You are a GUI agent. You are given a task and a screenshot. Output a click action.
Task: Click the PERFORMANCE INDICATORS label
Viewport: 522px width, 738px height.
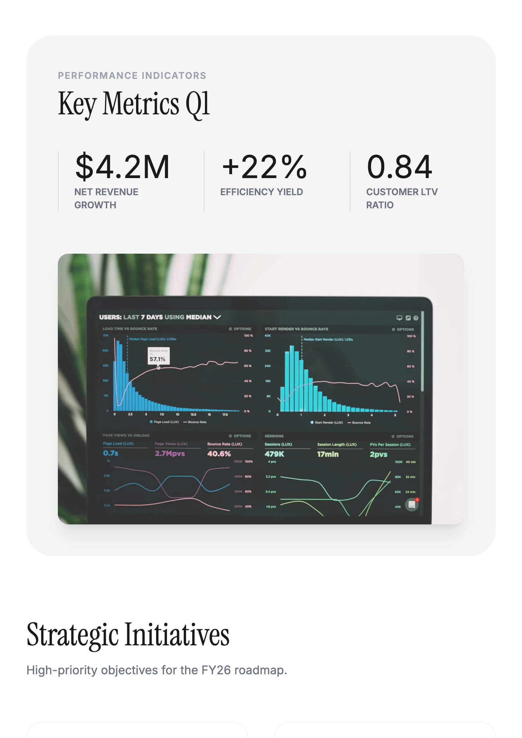tap(132, 76)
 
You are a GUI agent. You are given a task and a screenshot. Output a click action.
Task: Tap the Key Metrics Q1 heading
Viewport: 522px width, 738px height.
tap(133, 104)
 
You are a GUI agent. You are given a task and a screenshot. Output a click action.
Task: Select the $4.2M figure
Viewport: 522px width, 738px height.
tap(122, 167)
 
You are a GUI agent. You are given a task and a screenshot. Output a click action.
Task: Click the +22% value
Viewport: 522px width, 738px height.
tap(264, 167)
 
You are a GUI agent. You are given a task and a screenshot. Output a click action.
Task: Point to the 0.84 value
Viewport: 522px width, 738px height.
tap(399, 167)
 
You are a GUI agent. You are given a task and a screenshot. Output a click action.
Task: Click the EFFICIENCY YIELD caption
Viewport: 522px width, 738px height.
tap(261, 192)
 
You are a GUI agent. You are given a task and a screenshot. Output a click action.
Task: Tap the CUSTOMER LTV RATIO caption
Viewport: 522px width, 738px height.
tap(402, 198)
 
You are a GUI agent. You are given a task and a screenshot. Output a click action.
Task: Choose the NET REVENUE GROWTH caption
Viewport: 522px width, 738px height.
tap(106, 198)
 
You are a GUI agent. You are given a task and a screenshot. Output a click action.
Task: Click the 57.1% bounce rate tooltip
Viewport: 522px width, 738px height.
tap(158, 356)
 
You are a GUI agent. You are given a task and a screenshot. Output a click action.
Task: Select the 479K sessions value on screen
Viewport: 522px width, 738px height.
tap(274, 454)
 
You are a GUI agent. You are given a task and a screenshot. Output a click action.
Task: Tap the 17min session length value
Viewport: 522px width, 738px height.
tap(328, 454)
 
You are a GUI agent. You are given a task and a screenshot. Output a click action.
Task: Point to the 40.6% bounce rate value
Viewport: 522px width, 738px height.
tap(219, 454)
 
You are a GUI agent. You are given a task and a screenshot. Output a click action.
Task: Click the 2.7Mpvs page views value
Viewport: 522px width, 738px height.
tap(170, 453)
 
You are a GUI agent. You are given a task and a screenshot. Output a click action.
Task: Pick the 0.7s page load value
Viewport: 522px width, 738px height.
tap(110, 453)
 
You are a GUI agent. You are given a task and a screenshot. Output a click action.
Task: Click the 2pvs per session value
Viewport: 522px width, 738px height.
tap(378, 454)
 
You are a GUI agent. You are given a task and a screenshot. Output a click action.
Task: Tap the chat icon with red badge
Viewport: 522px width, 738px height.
tap(412, 505)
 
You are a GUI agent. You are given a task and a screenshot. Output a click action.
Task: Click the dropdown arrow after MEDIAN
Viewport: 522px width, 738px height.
tap(217, 317)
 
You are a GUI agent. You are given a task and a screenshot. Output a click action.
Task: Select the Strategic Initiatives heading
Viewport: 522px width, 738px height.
tap(128, 635)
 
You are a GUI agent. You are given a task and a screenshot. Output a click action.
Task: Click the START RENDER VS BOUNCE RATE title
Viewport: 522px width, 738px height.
tap(296, 329)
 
